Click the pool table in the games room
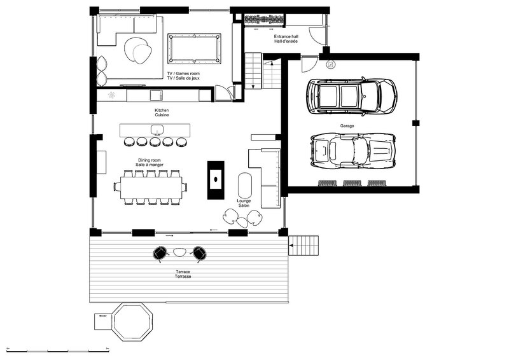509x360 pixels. click(195, 49)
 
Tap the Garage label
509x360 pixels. click(347, 126)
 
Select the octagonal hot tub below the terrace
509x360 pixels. click(132, 322)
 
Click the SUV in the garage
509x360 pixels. click(352, 97)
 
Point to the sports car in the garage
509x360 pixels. click(353, 151)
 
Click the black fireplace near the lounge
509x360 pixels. click(216, 180)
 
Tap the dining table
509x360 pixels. click(151, 188)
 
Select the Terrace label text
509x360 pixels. click(183, 272)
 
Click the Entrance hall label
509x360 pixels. click(286, 37)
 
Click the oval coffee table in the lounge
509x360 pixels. click(245, 185)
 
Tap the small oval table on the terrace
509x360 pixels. click(179, 253)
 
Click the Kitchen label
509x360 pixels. click(162, 111)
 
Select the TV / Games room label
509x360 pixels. click(183, 74)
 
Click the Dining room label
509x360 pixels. click(150, 160)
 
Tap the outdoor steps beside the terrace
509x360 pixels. click(303, 246)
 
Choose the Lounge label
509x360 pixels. click(244, 201)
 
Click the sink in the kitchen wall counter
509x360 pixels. click(156, 95)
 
